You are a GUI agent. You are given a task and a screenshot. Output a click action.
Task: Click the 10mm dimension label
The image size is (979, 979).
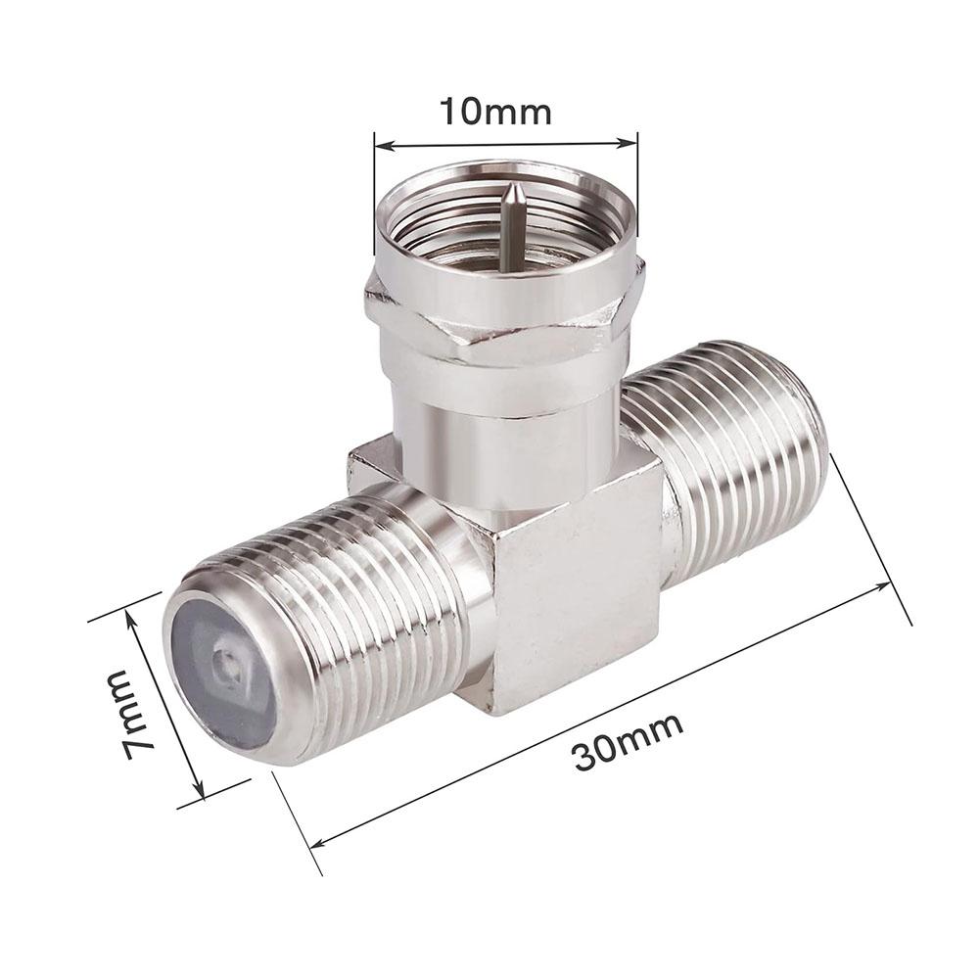point(496,113)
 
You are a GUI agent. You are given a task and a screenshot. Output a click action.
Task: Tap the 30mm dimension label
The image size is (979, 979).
point(628,742)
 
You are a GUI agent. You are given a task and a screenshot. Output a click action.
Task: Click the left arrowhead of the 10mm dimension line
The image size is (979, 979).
point(384,146)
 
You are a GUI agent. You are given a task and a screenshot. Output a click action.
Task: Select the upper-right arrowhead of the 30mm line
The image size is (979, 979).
point(882,586)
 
